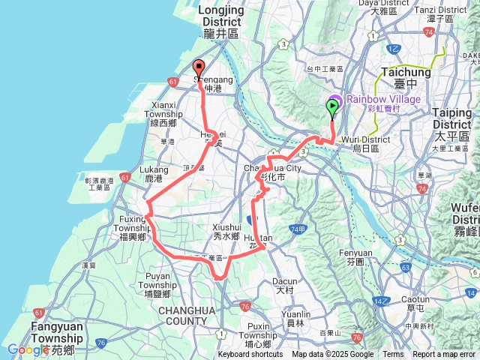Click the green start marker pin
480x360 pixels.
(x=331, y=108)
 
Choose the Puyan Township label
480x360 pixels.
(x=157, y=280)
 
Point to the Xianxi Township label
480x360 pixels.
(x=163, y=110)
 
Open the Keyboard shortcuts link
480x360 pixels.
(x=250, y=355)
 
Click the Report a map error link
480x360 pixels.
(x=444, y=355)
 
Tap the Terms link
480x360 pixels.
(x=393, y=355)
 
